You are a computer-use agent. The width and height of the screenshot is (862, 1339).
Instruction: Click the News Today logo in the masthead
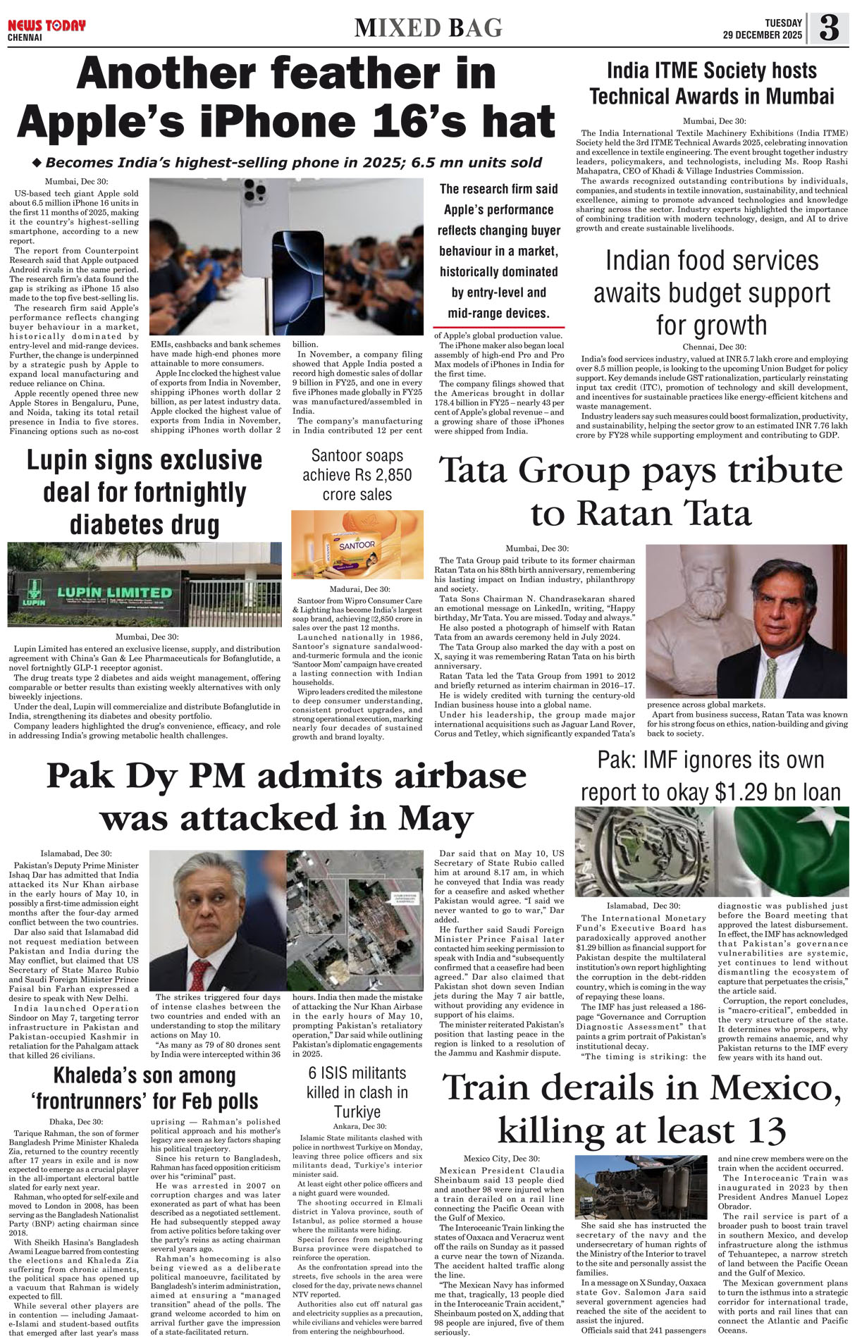point(47,26)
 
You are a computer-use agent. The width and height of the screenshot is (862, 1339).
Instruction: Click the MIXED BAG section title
point(429,28)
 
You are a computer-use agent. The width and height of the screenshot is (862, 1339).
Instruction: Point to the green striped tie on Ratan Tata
point(768,677)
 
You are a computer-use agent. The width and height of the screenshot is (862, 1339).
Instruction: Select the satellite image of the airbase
point(355,920)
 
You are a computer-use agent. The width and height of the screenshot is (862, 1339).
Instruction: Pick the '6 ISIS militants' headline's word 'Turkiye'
point(357,1112)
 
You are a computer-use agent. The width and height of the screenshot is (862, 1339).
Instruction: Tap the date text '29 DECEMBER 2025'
point(762,35)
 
